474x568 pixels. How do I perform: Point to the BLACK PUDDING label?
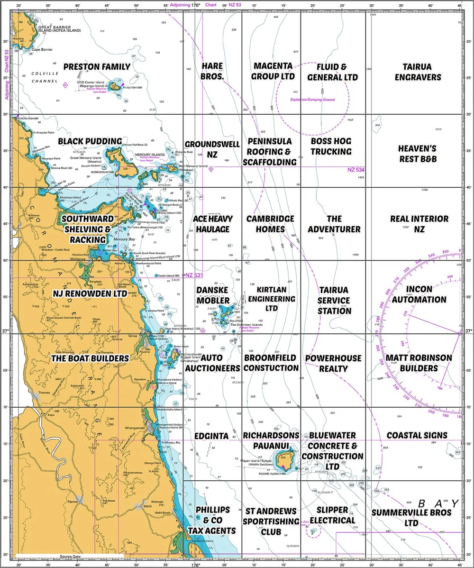[90, 141]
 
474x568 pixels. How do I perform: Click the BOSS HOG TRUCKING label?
[331, 147]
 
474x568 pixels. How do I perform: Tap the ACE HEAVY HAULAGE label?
[211, 224]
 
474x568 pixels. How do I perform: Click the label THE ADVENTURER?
[334, 224]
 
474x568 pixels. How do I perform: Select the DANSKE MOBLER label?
[213, 295]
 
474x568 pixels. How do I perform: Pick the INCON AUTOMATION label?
[419, 294]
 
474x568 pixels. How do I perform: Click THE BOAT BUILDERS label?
[90, 358]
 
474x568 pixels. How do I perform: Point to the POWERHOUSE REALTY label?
[333, 363]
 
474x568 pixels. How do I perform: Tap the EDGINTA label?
[211, 436]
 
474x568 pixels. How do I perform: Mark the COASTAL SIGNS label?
[417, 435]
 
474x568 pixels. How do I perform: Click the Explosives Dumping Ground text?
[312, 100]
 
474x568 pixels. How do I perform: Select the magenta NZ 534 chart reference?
[356, 170]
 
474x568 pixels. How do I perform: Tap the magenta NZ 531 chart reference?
[193, 275]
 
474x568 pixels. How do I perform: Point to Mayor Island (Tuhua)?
[284, 458]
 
